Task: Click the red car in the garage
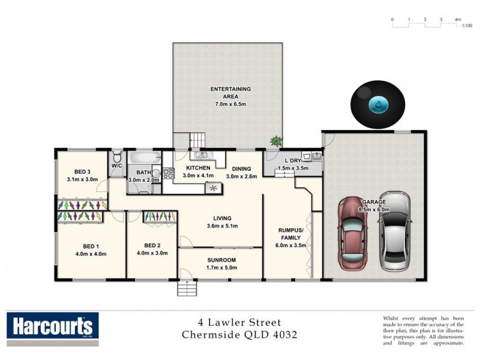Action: click(352, 233)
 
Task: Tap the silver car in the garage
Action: click(395, 231)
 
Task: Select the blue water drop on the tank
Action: click(378, 104)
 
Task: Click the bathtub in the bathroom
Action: click(145, 158)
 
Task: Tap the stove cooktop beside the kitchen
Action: click(168, 173)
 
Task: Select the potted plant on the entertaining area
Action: click(276, 141)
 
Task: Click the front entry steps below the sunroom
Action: click(187, 289)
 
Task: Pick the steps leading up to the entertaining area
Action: click(197, 140)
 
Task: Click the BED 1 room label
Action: click(91, 247)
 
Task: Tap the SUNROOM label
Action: click(221, 260)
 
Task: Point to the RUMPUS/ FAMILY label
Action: click(290, 234)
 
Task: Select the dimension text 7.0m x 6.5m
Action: click(230, 104)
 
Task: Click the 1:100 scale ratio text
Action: click(467, 26)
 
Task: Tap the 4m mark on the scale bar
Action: click(458, 19)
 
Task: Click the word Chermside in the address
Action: click(211, 335)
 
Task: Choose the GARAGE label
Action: click(374, 202)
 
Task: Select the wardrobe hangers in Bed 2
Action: click(160, 217)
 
